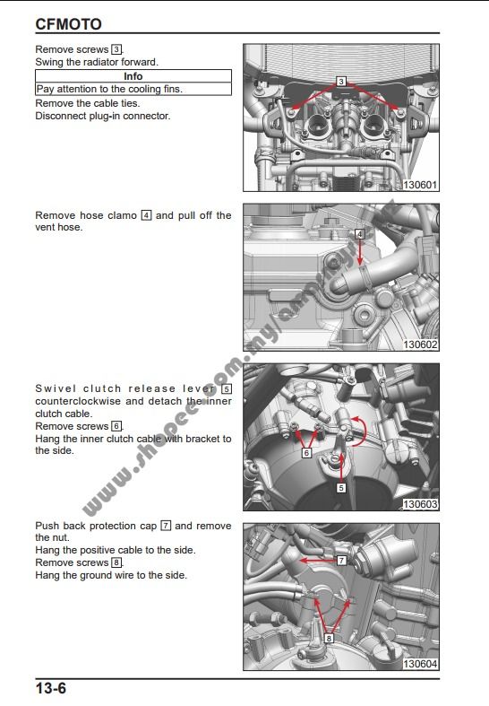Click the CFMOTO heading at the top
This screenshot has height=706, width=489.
tap(68, 24)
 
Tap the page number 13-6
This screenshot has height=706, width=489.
tap(51, 689)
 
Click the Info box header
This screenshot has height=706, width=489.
tap(133, 76)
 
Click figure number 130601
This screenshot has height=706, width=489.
tap(419, 185)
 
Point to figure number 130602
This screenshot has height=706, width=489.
tap(419, 344)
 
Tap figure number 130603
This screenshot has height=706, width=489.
tap(419, 504)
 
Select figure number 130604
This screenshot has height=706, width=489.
tap(419, 664)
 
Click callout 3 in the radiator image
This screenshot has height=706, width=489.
tap(341, 82)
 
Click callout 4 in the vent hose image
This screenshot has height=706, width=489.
tap(359, 233)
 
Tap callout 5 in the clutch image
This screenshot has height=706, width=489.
tap(341, 488)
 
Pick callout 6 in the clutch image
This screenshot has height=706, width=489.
tap(306, 454)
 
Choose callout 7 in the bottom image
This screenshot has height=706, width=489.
tap(341, 560)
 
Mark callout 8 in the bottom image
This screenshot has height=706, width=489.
tap(329, 639)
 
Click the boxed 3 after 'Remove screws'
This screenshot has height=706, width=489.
tap(116, 49)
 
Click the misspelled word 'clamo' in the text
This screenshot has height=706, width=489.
tap(123, 215)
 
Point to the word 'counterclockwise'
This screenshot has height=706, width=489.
tap(80, 401)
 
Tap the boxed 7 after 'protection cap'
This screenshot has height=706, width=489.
tap(166, 526)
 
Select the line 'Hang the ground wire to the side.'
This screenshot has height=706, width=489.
tap(111, 575)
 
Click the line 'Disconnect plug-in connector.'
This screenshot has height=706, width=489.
tap(102, 115)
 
